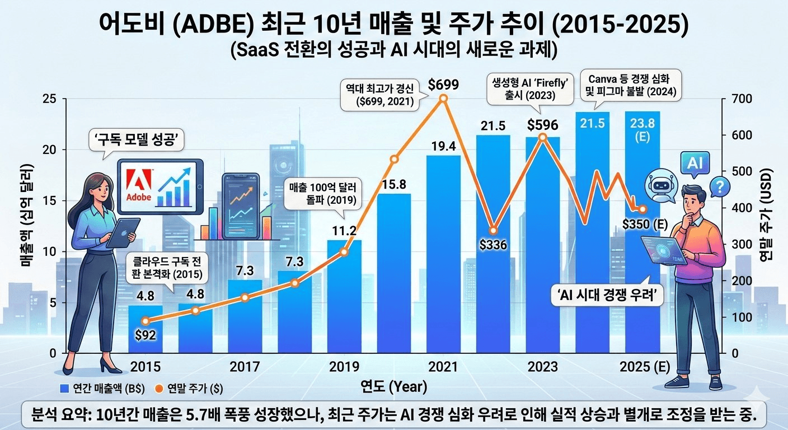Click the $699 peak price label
[x=443, y=85]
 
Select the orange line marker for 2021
[x=443, y=99]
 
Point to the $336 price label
[x=492, y=245]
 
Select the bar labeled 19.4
[x=443, y=252]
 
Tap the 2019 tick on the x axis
[x=344, y=367]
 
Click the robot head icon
[x=657, y=186]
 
